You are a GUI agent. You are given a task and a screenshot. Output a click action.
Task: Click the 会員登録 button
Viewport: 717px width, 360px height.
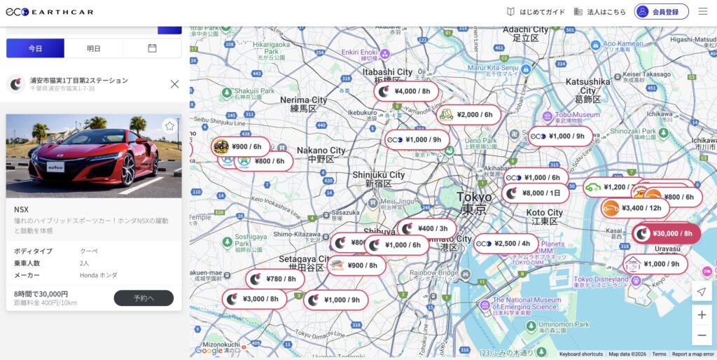coord(661,11)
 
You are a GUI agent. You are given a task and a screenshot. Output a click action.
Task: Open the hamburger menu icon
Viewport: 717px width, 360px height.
coord(702,11)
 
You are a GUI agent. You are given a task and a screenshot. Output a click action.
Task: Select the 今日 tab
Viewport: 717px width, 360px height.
coord(35,48)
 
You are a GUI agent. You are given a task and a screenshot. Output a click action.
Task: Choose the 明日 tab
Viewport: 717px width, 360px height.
coord(93,48)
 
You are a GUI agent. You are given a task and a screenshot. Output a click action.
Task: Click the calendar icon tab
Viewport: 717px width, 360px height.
coord(152,48)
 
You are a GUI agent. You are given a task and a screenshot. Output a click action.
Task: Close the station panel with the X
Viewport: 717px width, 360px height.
coord(174,84)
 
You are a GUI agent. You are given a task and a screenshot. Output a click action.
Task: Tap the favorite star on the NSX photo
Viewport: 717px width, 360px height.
coord(169,126)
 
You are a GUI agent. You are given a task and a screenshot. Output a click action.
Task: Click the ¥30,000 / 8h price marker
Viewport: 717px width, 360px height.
coord(666,234)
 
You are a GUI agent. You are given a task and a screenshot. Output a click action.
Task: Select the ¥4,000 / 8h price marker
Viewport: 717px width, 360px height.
coord(405,91)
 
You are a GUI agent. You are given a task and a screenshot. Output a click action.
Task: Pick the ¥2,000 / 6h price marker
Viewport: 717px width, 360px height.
coord(468,115)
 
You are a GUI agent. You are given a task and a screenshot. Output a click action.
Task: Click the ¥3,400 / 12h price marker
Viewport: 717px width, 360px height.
coord(634,208)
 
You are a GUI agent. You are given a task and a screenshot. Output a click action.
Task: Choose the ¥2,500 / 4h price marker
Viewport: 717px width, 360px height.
coord(505,244)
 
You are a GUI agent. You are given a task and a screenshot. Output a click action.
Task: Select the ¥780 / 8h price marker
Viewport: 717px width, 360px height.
coord(274,279)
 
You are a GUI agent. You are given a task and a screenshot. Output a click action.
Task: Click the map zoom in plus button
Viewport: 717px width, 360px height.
coord(702,315)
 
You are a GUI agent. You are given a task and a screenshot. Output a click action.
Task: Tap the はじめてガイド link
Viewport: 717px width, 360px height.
coord(536,11)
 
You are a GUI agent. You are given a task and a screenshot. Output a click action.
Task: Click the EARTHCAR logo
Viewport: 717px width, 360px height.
coord(49,11)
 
